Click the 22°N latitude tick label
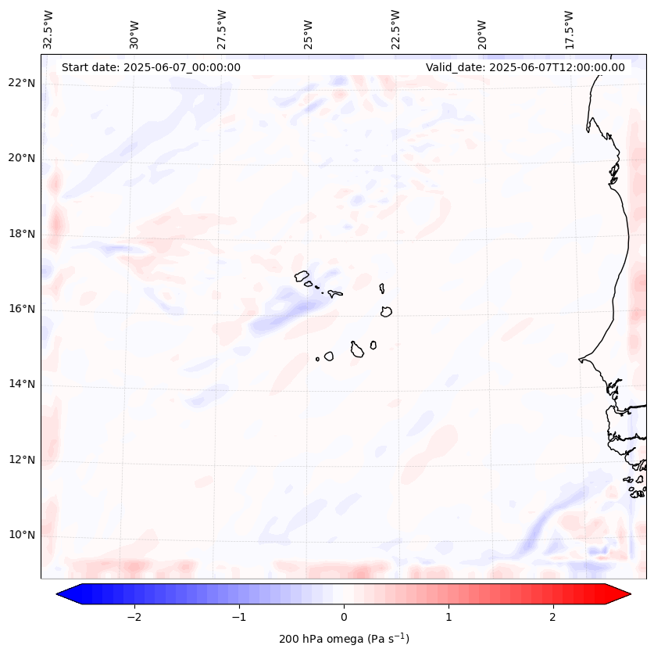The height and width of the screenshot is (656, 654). point(21,83)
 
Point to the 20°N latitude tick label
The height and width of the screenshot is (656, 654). point(21,158)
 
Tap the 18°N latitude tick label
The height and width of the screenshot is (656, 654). point(21,234)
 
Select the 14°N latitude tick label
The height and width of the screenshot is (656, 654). point(21,384)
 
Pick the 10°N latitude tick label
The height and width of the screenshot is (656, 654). point(21,535)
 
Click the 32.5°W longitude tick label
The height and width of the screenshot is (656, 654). point(48,30)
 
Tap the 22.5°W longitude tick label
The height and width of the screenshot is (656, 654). point(395,30)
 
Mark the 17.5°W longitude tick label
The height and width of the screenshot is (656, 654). point(569,30)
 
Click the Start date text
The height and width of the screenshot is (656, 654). point(151,67)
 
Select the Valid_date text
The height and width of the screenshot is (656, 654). point(525,67)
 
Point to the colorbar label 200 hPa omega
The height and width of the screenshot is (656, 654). point(344,639)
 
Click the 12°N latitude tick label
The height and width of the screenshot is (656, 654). point(21,460)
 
